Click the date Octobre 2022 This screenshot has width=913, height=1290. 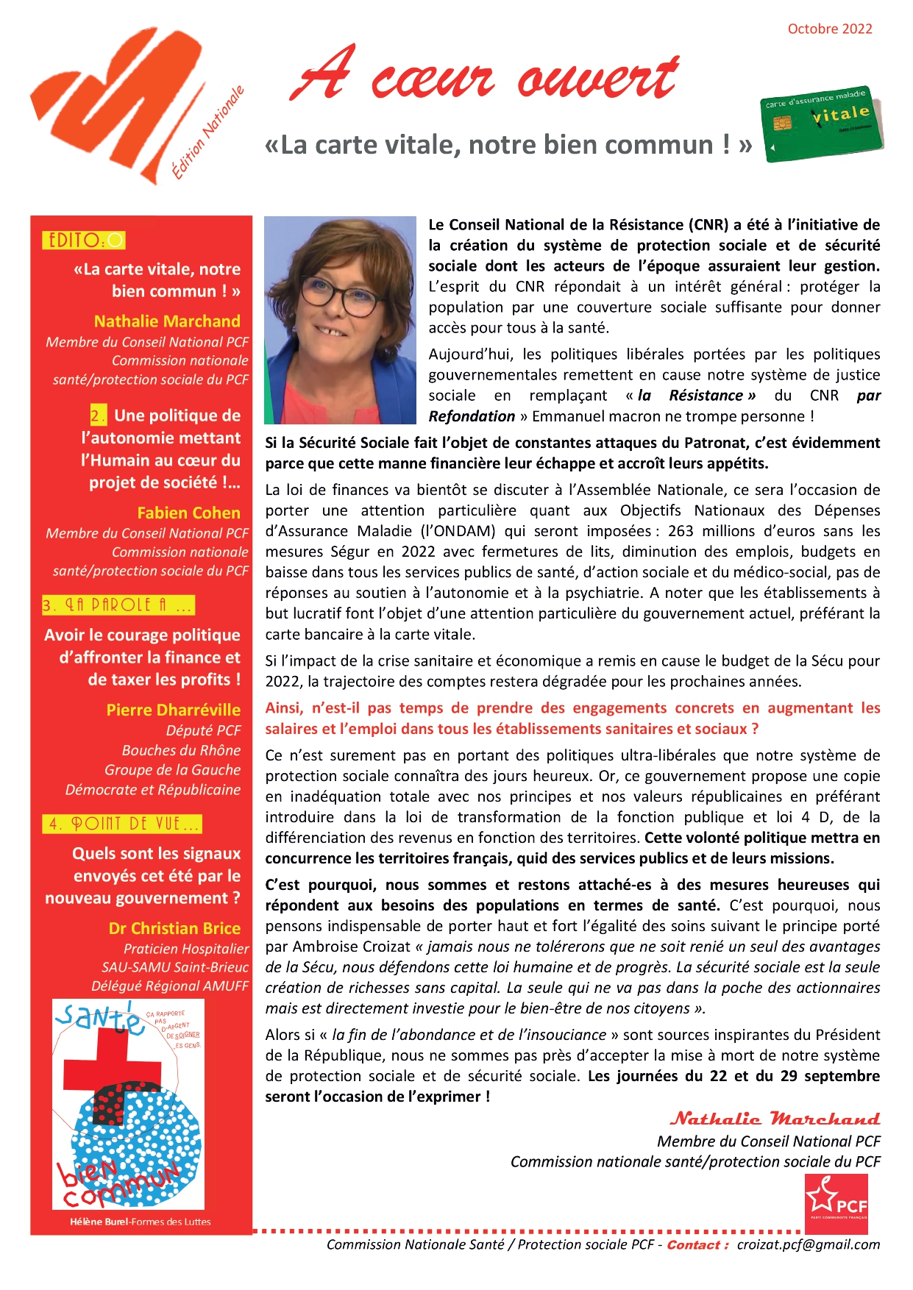(x=829, y=29)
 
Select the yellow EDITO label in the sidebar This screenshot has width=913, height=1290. (x=84, y=240)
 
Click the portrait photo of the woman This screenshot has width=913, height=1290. (x=340, y=320)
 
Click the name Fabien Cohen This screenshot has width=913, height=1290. (x=188, y=513)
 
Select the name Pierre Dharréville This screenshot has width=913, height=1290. (x=173, y=710)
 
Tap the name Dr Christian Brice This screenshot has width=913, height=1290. (x=174, y=928)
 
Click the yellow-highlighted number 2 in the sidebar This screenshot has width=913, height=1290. (x=98, y=416)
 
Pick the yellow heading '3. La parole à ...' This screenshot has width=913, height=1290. (x=118, y=605)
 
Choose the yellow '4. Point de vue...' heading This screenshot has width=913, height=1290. (x=122, y=824)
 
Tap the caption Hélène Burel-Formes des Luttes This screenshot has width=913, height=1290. (x=140, y=1222)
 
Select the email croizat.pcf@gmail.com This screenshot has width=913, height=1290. (x=808, y=1244)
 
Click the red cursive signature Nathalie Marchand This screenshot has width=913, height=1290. (x=774, y=1119)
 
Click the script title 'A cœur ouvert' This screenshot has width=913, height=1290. (x=486, y=76)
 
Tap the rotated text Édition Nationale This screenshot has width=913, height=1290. (x=207, y=134)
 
